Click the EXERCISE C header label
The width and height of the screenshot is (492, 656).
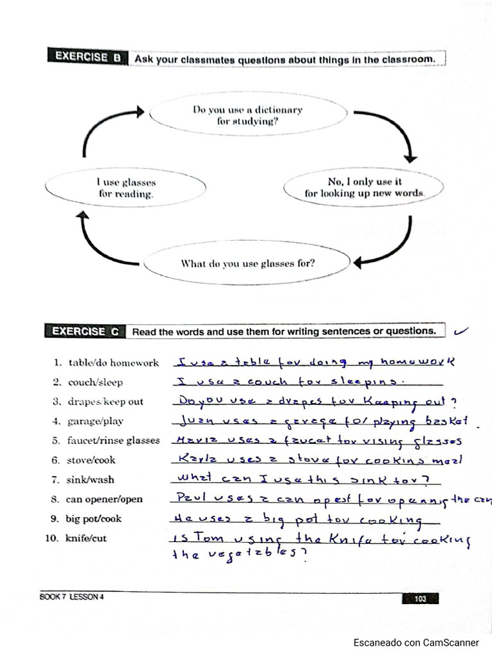pyautogui.click(x=85, y=331)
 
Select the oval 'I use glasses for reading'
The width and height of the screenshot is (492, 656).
pyautogui.click(x=126, y=188)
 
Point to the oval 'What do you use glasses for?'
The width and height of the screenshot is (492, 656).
pyautogui.click(x=247, y=263)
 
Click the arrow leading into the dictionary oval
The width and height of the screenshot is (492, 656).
pyautogui.click(x=109, y=128)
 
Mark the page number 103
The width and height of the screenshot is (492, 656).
pyautogui.click(x=420, y=599)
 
